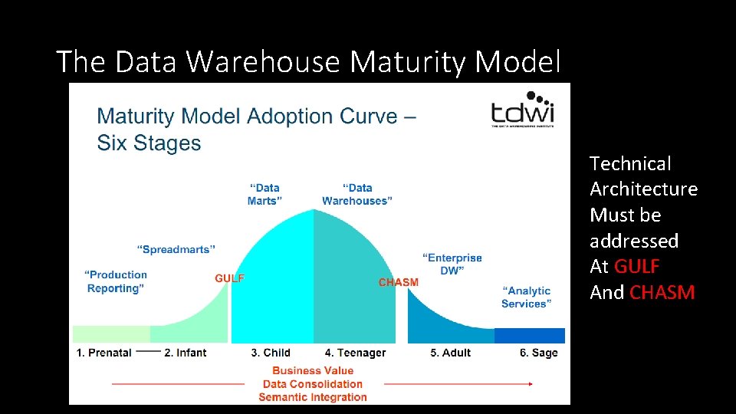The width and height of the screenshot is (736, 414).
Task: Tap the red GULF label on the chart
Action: (x=229, y=278)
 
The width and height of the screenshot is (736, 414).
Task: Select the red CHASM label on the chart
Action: (x=399, y=282)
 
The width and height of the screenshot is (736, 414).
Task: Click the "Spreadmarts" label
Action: (x=176, y=249)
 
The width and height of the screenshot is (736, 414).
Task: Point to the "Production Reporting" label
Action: (x=117, y=281)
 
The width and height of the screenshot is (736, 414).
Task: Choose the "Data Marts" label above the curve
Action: (x=264, y=194)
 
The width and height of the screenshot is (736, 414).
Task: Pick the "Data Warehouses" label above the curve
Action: (x=357, y=194)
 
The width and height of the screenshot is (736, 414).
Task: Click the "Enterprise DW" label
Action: (x=452, y=264)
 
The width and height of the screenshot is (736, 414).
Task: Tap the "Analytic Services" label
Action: (x=526, y=297)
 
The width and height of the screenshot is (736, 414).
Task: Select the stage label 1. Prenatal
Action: (x=104, y=353)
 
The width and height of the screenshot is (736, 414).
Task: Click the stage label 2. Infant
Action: (x=186, y=353)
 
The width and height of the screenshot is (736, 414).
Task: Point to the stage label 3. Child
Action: (x=271, y=353)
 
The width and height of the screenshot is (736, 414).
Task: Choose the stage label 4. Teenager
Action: (x=355, y=353)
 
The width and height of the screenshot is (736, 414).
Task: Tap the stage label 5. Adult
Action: (x=450, y=353)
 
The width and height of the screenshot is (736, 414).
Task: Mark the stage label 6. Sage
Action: (x=539, y=353)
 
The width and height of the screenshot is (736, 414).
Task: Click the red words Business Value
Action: (x=313, y=370)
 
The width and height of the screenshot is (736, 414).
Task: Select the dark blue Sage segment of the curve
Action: (x=529, y=336)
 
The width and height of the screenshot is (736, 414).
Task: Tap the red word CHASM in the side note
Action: (x=662, y=292)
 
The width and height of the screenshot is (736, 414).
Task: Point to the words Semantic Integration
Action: (x=313, y=397)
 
